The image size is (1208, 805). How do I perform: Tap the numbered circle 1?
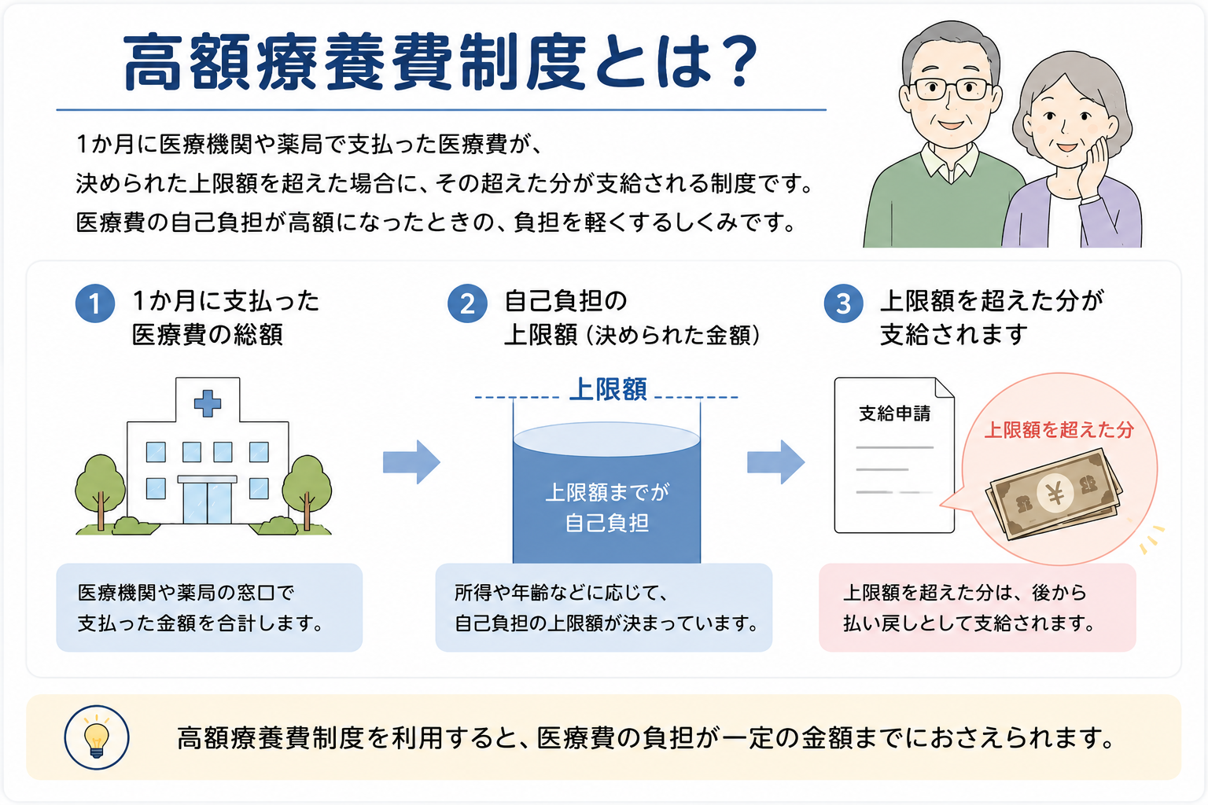coord(95,303)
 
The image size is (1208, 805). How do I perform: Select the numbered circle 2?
coord(468,303)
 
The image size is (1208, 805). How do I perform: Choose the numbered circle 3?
coord(843,303)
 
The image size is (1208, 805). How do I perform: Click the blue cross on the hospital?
coord(208,402)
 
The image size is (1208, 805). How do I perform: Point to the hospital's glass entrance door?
coord(208,502)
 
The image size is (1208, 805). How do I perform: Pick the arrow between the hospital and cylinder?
coord(411,462)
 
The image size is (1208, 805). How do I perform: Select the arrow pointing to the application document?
coord(775,462)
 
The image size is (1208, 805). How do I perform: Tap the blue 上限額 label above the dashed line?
coord(608,389)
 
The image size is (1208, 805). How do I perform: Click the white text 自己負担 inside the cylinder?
coord(606,523)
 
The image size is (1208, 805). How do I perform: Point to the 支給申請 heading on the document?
coord(895,414)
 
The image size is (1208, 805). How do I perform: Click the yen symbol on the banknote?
coord(1055,492)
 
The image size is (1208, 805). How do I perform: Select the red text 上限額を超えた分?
coord(1059,430)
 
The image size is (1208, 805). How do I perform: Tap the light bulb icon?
coord(97,737)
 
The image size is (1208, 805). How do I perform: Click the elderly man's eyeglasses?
coord(951,90)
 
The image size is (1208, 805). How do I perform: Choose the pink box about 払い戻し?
coord(978,608)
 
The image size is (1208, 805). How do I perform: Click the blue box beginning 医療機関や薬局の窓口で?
coord(209,608)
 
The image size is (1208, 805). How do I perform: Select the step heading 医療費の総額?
coord(208,335)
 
